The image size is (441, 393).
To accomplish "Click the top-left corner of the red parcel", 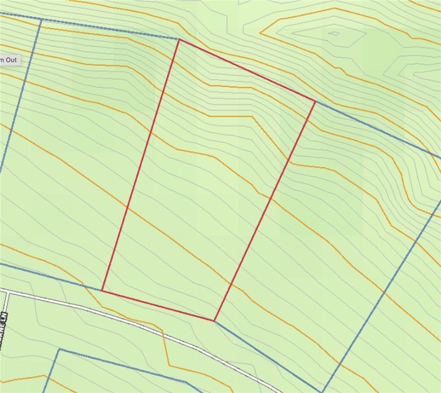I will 179,39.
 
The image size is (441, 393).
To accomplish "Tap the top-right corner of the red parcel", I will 315,101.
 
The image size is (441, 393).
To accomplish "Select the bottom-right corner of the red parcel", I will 214,321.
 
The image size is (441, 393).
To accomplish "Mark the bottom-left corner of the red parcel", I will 102,291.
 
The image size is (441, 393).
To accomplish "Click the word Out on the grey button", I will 11,59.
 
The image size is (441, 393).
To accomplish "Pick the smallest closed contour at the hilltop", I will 334,34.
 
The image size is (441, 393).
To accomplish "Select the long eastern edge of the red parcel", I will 264,211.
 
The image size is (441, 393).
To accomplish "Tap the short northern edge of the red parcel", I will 247,70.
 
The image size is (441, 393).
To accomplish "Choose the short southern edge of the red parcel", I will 158,306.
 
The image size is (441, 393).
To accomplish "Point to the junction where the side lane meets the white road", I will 6,293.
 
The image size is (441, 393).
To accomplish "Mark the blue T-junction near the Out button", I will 40,20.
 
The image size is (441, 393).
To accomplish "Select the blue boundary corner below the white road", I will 59,350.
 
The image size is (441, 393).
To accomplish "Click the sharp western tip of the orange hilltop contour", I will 260,33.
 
